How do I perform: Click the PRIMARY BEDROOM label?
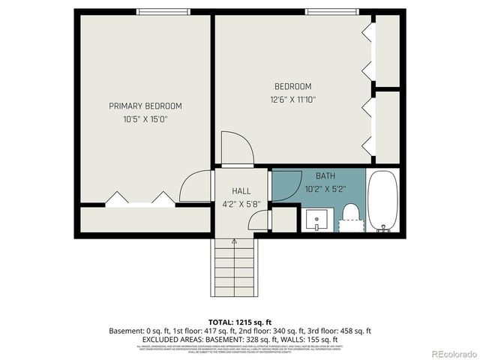click(x=145, y=106)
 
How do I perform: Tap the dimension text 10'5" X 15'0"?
click(x=145, y=119)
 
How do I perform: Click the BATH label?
click(x=325, y=175)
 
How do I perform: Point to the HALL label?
click(x=241, y=191)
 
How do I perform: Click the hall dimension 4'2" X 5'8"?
click(x=241, y=203)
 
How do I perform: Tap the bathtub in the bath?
click(x=383, y=200)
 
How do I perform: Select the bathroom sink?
click(x=316, y=220)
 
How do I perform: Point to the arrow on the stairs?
click(x=235, y=242)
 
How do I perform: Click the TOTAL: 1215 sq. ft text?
click(x=240, y=321)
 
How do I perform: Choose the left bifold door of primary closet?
click(x=116, y=199)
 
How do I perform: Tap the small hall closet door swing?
click(x=260, y=220)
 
